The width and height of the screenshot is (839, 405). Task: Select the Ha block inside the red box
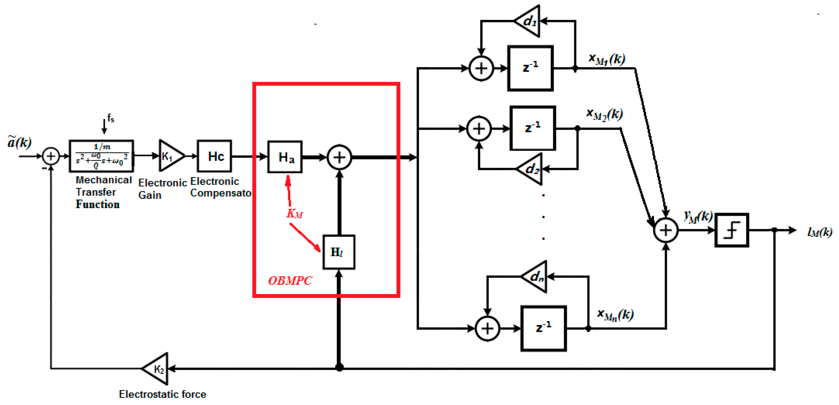coord(285,157)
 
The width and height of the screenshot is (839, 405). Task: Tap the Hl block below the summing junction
coord(338,252)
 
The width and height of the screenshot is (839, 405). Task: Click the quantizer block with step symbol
coord(732,230)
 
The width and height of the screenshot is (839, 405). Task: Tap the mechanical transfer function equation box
coord(101,156)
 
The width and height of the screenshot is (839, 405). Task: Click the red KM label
coord(294,214)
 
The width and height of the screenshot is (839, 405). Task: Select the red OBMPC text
coord(290,281)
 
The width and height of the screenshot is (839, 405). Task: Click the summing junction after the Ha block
coord(339,157)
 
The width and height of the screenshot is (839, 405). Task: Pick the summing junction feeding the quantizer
coord(666,230)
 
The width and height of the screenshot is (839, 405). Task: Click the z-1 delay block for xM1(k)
coord(530,68)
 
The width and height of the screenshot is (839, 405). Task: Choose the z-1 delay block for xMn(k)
coord(543,328)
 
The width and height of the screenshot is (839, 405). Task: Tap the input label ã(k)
coord(19,142)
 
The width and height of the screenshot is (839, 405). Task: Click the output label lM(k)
coord(819,232)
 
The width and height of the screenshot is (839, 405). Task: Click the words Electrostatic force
coord(162,394)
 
